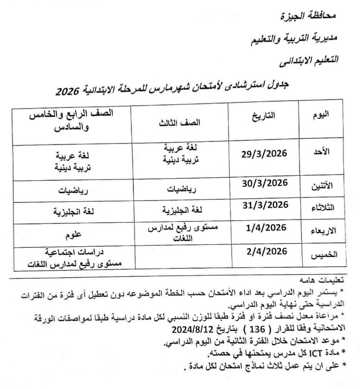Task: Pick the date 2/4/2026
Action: [x=267, y=252]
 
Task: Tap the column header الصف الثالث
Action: [x=179, y=123]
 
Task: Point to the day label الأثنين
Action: [x=325, y=186]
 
